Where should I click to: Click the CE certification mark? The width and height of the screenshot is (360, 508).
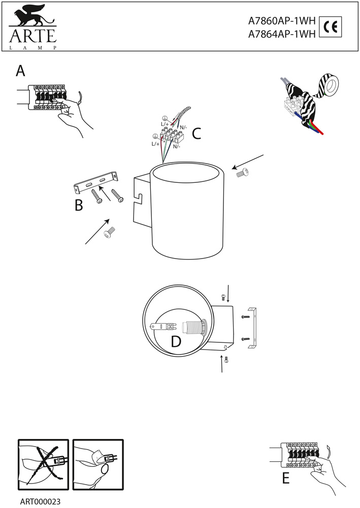[330, 27]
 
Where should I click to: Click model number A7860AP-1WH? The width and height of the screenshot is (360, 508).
[282, 21]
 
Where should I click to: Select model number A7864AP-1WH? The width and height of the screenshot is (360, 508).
[282, 34]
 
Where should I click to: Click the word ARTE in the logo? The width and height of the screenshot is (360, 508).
[33, 36]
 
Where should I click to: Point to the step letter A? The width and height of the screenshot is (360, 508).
[20, 71]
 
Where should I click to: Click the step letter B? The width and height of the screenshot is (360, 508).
[79, 205]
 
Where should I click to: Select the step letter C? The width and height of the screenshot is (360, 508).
[197, 134]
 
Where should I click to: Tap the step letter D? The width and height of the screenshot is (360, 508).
[176, 341]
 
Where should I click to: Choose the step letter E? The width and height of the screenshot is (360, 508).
[285, 478]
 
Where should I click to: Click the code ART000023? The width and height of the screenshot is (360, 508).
[40, 501]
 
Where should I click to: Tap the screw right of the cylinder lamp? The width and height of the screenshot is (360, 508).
[242, 173]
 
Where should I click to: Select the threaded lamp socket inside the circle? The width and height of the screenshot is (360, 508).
[194, 327]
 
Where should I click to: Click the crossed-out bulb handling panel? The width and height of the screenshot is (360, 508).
[43, 464]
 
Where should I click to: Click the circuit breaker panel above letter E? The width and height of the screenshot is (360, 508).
[300, 455]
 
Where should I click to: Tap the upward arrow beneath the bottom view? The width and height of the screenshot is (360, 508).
[222, 364]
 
